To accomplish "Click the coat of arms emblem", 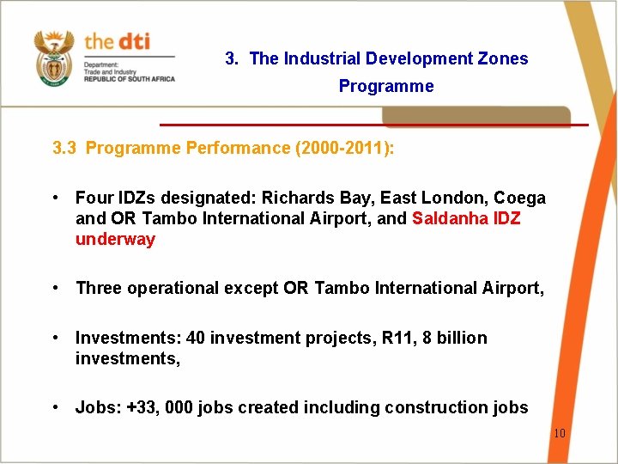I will [54, 57].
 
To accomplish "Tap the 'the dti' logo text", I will [116, 42].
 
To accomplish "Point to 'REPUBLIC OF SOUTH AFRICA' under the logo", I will [129, 78].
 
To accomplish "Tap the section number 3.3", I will [64, 148].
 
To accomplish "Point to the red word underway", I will [115, 239].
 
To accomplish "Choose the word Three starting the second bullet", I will [99, 288].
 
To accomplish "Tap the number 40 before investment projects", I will [196, 338].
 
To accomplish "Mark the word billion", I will [461, 338].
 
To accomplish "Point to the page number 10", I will [559, 433].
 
